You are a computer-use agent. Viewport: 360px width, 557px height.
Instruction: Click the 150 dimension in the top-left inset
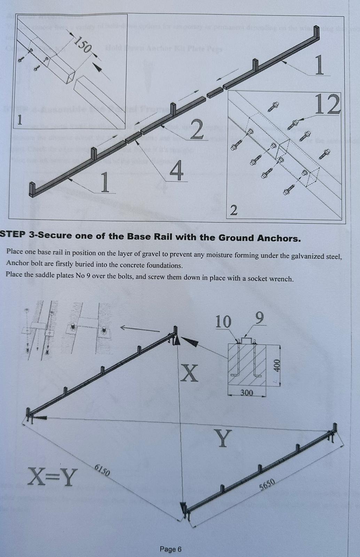click(x=81, y=45)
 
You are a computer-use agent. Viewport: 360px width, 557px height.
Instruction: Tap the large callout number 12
click(x=328, y=104)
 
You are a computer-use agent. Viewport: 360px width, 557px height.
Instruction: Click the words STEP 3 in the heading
click(x=16, y=235)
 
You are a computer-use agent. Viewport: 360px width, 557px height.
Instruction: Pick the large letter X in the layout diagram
click(x=190, y=373)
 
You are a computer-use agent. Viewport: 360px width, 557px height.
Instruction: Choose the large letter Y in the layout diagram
click(x=223, y=438)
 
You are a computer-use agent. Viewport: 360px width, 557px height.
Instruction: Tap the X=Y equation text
click(x=53, y=477)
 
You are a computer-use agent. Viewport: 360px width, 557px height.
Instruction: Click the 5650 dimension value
click(x=267, y=484)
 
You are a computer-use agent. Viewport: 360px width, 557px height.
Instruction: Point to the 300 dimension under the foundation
click(x=246, y=393)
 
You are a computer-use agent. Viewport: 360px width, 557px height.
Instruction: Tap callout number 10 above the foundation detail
click(x=223, y=322)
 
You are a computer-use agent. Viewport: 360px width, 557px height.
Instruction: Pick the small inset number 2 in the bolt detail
click(x=234, y=210)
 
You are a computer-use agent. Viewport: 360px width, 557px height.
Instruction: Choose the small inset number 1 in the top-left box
click(x=20, y=120)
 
